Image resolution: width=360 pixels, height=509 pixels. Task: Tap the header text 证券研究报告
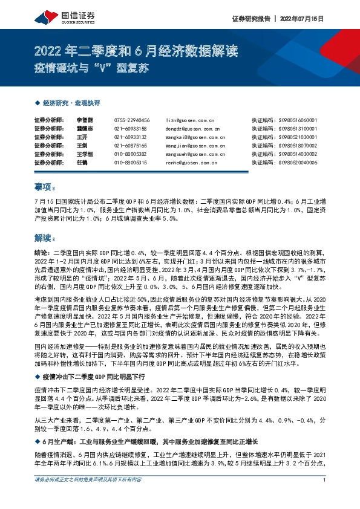tap(251, 19)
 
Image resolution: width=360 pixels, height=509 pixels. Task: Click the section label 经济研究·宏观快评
tap(68, 104)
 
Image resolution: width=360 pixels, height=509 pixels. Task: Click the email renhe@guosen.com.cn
tap(191, 163)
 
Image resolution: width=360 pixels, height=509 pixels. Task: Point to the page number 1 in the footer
tap(325, 497)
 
